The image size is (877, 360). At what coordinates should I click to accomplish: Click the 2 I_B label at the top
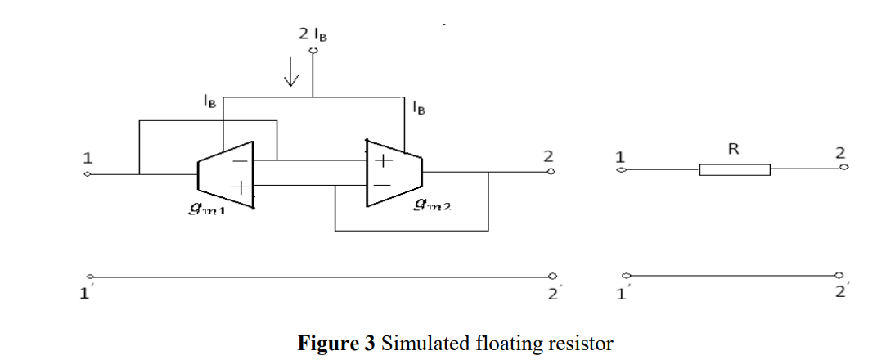313,34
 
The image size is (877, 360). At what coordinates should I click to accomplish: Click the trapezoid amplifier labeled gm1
226,174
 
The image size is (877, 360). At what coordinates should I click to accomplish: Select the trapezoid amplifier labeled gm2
394,173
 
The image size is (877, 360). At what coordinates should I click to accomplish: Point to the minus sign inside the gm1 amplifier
239,161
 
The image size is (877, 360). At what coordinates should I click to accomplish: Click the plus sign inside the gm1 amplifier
240,187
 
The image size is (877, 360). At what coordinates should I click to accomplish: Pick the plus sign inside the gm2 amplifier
384,161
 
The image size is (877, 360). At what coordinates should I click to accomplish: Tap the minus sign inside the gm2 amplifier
382,185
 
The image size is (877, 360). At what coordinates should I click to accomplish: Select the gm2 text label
432,206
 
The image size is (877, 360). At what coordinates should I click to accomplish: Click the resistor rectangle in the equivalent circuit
735,169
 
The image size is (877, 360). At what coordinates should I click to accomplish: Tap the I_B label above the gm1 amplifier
209,101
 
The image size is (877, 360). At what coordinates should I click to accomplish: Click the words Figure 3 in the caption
336,344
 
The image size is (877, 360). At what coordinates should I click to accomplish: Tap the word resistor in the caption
579,344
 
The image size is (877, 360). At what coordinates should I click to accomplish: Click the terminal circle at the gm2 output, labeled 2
551,172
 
